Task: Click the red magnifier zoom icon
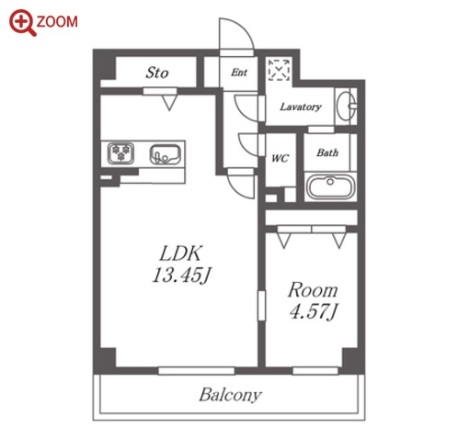pos(22,23)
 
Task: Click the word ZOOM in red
pos(57,22)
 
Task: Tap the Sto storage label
pos(157,73)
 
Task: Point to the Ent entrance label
pos(239,73)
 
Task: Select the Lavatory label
pos(301,107)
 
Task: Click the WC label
pos(281,158)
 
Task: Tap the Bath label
pos(327,152)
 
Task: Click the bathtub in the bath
pos(331,186)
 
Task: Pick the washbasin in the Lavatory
pos(347,106)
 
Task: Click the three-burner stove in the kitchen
pos(120,153)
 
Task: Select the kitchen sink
pos(165,154)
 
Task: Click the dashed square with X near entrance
pos(279,70)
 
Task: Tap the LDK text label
pos(181,253)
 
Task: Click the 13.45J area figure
pos(182,275)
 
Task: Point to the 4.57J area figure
pos(314,311)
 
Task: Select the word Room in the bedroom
pos(313,290)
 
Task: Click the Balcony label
pos(231,395)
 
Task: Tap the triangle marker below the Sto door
pos(169,103)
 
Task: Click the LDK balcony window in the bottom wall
pos(196,371)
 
